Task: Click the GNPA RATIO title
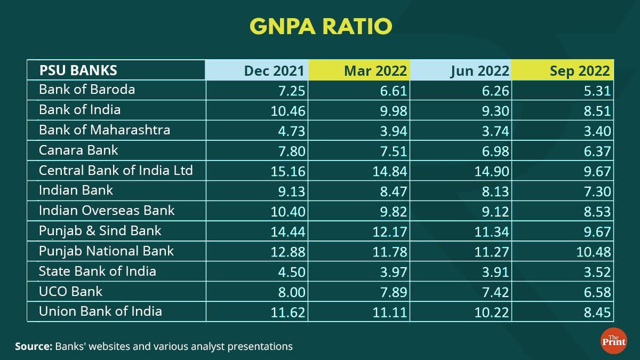coord(320,26)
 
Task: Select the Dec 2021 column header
coord(274,71)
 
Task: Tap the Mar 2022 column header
coord(375,71)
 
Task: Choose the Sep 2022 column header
coord(579,71)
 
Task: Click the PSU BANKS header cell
coord(78,70)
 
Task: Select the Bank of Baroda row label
coord(87,90)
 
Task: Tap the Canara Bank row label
coord(78,150)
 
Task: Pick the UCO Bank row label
coord(70,291)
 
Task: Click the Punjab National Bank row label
coord(106,251)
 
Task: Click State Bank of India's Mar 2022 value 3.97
coord(392,273)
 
